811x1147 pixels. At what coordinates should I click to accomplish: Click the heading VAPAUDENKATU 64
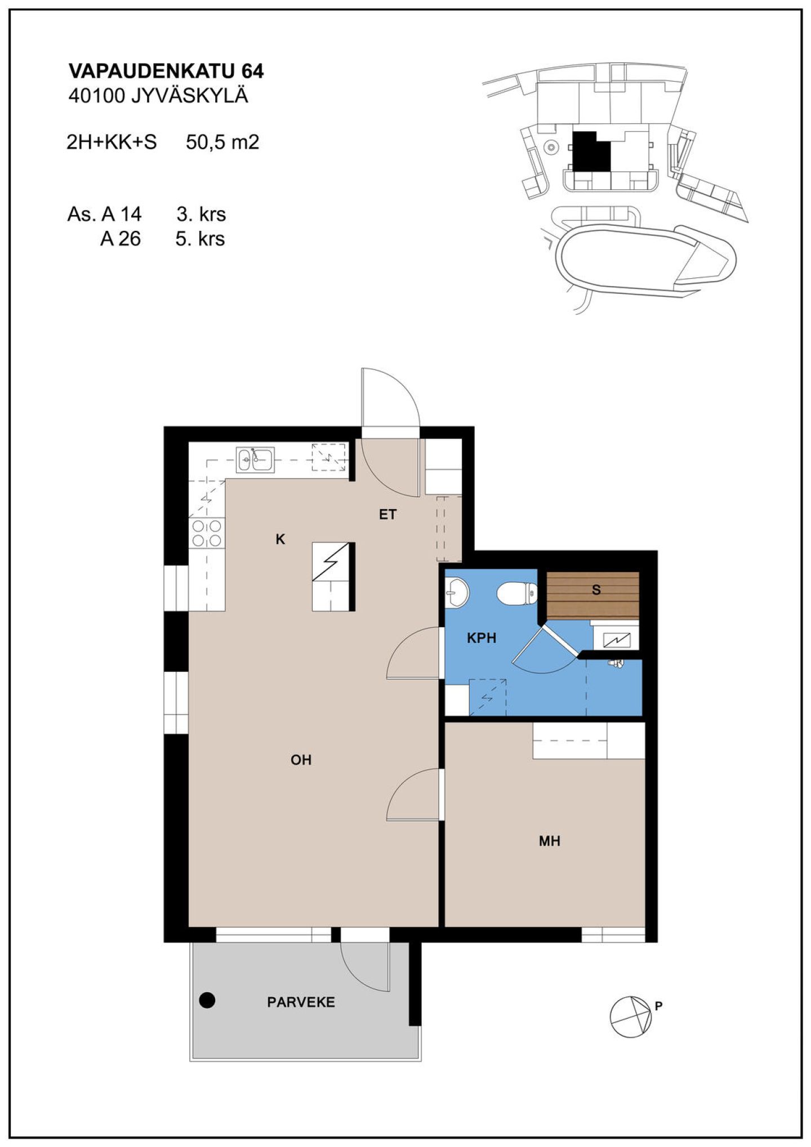166,71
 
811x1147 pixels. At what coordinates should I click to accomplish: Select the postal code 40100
96,96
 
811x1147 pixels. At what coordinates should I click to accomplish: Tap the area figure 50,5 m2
222,142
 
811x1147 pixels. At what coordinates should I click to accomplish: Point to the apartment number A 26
121,239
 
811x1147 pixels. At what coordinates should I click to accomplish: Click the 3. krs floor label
201,214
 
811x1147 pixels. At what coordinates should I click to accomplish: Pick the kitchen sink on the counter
255,459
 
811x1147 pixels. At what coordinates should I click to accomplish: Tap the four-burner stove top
207,533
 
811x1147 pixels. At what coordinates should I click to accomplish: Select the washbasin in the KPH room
456,593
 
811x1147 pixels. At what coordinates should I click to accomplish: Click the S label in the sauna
596,590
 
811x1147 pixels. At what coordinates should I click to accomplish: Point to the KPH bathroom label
482,638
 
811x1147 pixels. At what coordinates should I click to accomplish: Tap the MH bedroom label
550,841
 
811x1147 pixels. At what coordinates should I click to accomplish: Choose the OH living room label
301,760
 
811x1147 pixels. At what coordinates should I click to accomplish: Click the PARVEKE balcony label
301,1002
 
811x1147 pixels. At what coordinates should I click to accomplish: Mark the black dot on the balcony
207,1000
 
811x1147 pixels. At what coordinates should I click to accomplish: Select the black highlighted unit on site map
591,151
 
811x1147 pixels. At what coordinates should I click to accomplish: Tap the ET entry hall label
387,514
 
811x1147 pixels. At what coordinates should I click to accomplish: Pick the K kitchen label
280,539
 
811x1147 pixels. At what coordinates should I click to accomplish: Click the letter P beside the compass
658,1006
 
